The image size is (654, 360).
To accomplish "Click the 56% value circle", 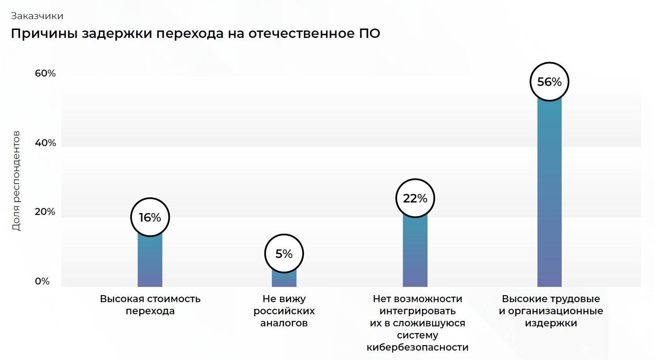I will click(x=549, y=82).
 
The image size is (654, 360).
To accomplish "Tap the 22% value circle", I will click(x=415, y=198).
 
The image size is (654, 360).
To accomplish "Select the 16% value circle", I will click(x=150, y=217).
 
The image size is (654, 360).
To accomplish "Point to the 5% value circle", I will click(x=284, y=254).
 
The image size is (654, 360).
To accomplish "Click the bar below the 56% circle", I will click(x=549, y=192).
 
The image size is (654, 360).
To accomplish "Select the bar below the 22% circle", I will click(x=415, y=250).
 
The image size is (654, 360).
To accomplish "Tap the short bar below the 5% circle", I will click(x=284, y=279).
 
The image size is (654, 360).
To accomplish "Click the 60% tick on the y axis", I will click(x=45, y=73).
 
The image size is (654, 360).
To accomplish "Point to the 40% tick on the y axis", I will click(x=45, y=143).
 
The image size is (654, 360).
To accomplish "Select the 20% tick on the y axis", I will click(x=45, y=211).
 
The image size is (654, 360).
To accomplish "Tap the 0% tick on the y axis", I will click(x=42, y=281).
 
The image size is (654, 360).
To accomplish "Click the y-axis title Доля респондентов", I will click(x=16, y=181).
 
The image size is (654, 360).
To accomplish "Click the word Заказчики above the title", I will click(x=37, y=16).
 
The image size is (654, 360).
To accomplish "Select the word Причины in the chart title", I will click(x=43, y=34).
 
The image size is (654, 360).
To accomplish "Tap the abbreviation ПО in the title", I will click(x=370, y=34).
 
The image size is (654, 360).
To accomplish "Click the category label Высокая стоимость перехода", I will click(x=150, y=305).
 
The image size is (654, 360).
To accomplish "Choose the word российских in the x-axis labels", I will click(x=284, y=311).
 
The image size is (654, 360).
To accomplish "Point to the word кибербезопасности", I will click(x=417, y=347).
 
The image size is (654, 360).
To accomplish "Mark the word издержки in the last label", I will click(x=551, y=323).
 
